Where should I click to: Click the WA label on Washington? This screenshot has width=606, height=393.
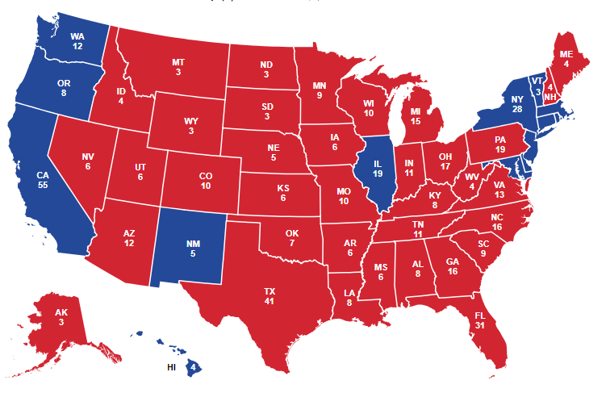coord(77,36)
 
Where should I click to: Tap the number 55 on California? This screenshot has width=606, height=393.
coord(44,185)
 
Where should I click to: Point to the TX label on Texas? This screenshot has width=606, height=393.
coord(270,290)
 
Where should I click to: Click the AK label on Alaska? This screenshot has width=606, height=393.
coord(62,312)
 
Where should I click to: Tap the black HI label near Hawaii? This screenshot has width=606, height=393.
coord(171,367)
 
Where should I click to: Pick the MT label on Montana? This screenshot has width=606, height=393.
coord(178,62)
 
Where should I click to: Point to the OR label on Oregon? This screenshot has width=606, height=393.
coord(63,82)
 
